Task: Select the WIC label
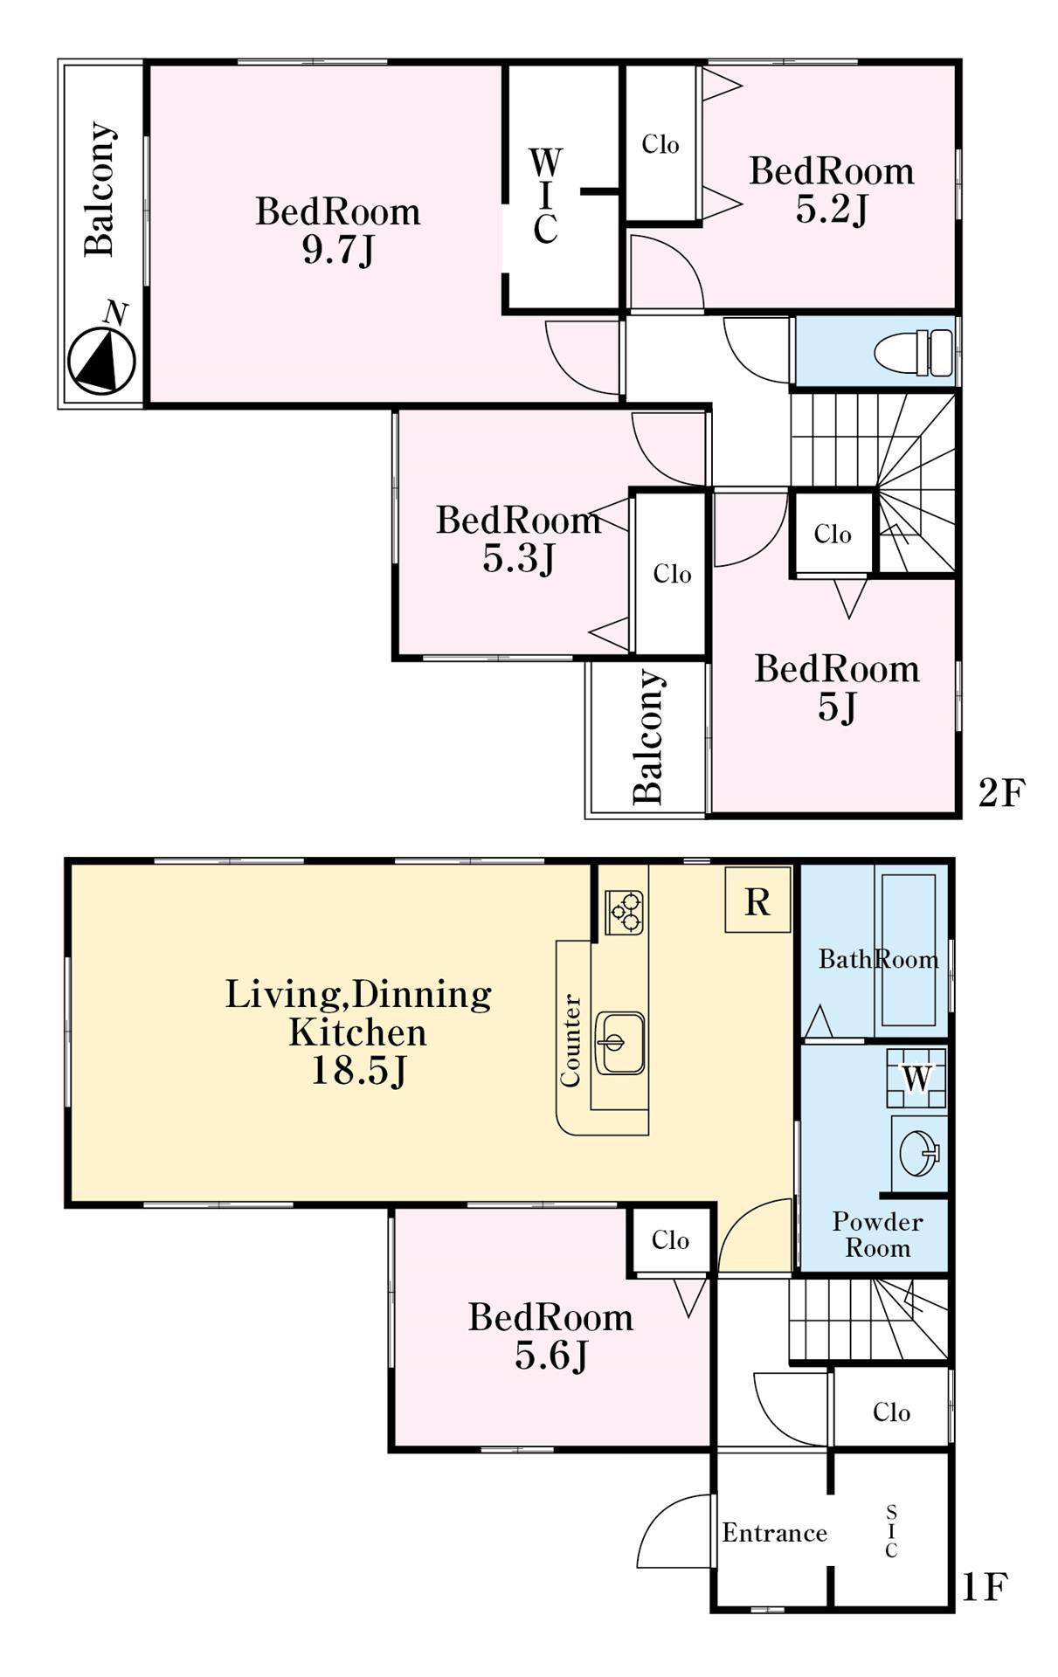pyautogui.click(x=545, y=197)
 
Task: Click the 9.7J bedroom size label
pyautogui.click(x=338, y=252)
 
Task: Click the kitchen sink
pyautogui.click(x=619, y=1043)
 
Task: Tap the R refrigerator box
pyautogui.click(x=757, y=900)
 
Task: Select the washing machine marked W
pyautogui.click(x=916, y=1077)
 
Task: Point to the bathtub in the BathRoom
pyautogui.click(x=909, y=948)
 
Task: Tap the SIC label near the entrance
pyautogui.click(x=891, y=1531)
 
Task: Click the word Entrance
pyautogui.click(x=775, y=1533)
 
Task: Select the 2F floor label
pyautogui.click(x=1000, y=793)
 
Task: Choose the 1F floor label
pyautogui.click(x=985, y=1587)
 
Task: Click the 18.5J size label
pyautogui.click(x=359, y=1071)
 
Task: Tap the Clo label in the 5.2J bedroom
pyautogui.click(x=660, y=144)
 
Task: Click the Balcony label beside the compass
pyautogui.click(x=100, y=189)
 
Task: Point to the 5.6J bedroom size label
pyautogui.click(x=550, y=1356)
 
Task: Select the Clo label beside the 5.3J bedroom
pyautogui.click(x=673, y=574)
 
